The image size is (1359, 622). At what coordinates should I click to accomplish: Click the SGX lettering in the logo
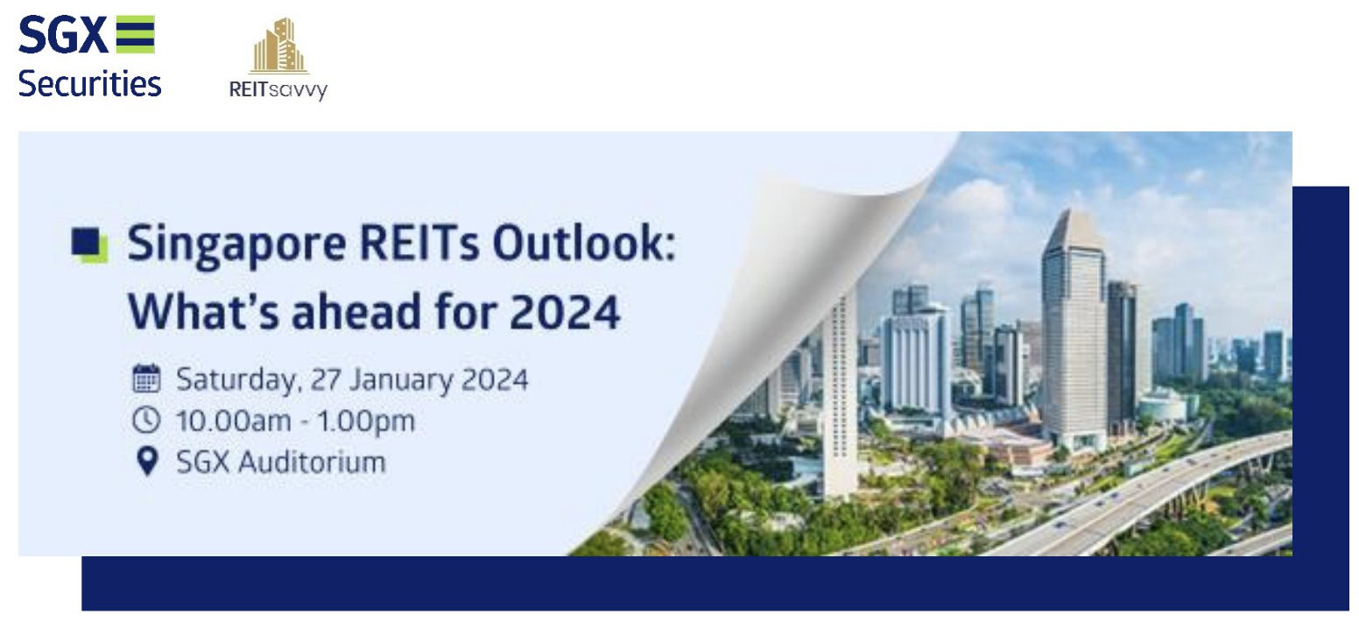coord(61,37)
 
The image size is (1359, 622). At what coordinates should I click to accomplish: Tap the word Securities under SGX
coord(89,84)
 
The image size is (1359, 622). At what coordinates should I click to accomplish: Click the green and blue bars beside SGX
coord(135,35)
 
